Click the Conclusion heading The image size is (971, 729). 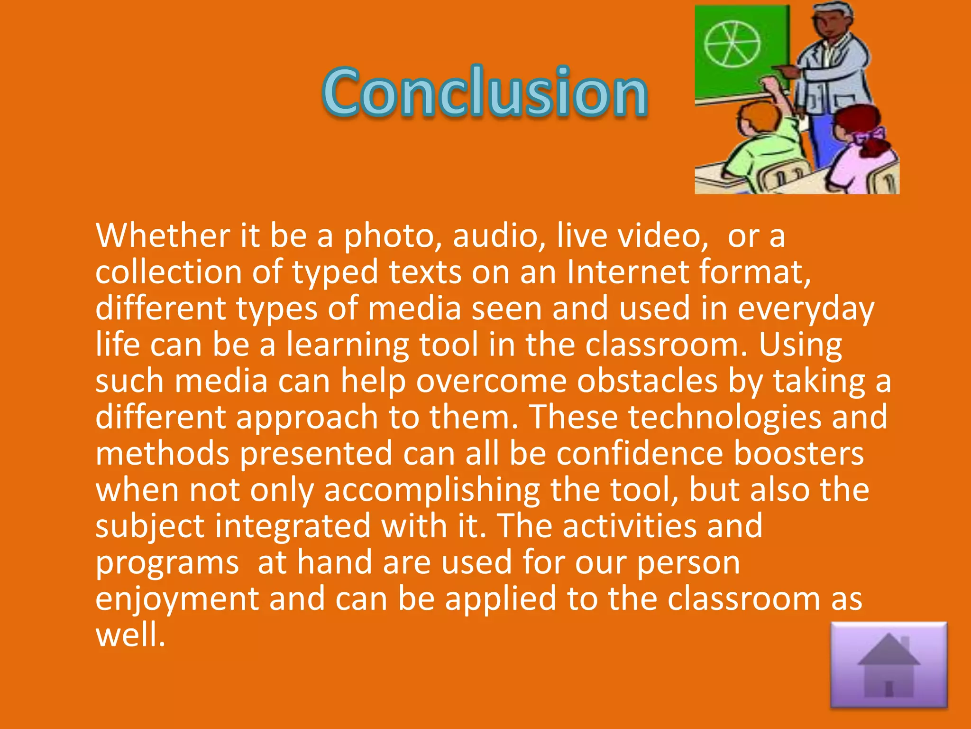coord(485,91)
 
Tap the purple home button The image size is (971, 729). coord(889,665)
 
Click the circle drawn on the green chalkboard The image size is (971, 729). coord(732,44)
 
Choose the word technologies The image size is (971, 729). coord(725,418)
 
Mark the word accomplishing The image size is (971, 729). coord(431,491)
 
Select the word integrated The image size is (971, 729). coord(293,526)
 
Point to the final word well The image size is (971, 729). coord(130,635)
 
